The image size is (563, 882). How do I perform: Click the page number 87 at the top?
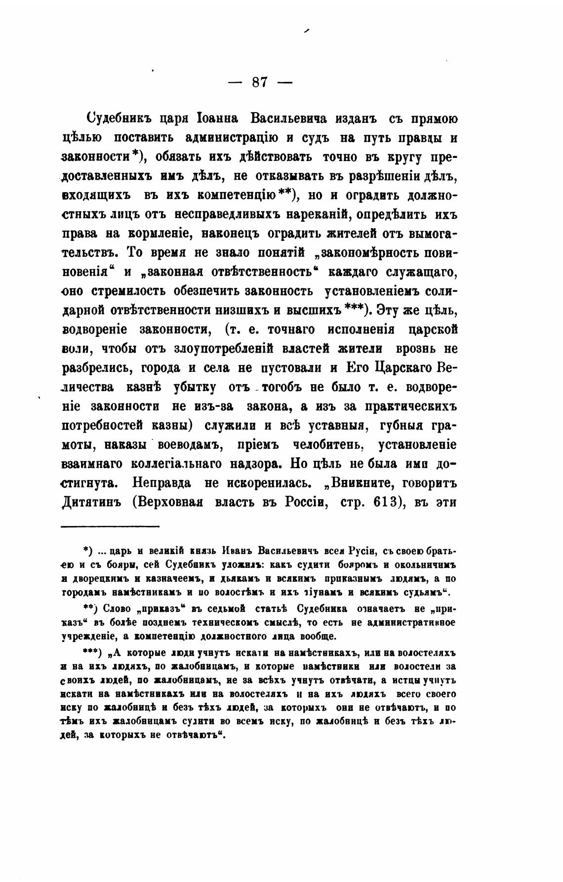pos(259,82)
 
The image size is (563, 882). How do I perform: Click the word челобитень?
pos(328,444)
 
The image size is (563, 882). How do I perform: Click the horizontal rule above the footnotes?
pos(110,526)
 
